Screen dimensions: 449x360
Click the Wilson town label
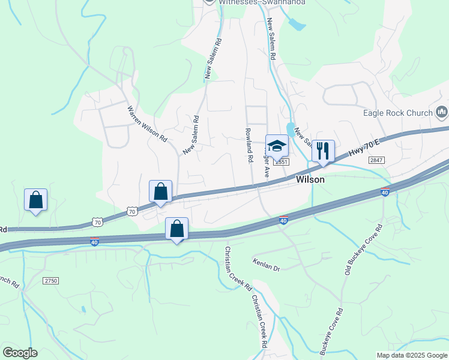[310, 179]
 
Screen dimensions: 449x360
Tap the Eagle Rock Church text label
[398, 113]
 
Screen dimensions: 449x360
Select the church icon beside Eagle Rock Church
[442, 112]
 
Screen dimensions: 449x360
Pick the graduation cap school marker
[277, 145]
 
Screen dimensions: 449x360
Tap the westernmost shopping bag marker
[35, 200]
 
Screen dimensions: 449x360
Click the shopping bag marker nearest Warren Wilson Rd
[160, 191]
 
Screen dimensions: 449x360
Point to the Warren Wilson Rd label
[147, 124]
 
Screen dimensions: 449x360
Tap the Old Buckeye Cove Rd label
[363, 251]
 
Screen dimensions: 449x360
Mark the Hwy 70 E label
[366, 148]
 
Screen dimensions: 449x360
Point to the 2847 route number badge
[376, 160]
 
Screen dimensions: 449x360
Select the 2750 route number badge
[51, 281]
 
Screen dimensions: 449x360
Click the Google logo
[20, 353]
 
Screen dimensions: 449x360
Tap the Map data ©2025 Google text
[411, 355]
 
